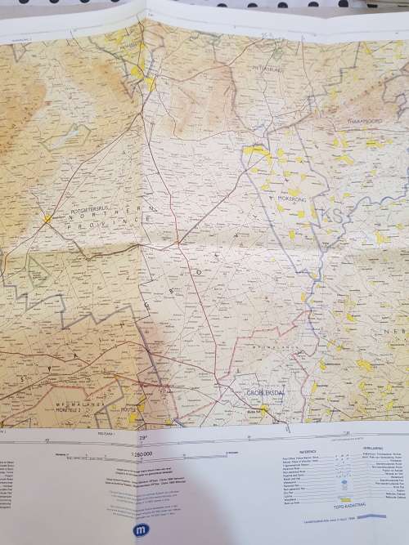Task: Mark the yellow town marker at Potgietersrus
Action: [47, 218]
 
